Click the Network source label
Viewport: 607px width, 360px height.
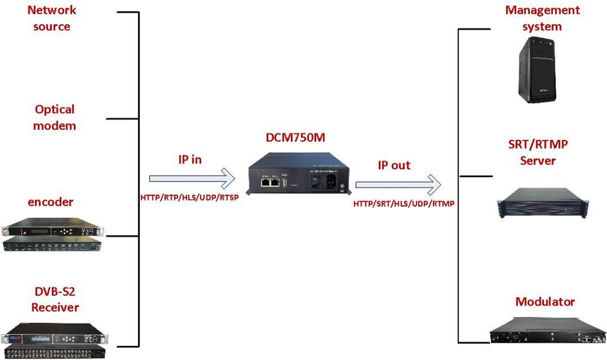pos(52,18)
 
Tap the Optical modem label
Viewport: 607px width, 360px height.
pos(54,118)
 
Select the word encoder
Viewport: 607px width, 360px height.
pos(51,202)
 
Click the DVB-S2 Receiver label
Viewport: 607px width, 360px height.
pos(55,299)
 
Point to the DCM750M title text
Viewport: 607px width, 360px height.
pos(295,138)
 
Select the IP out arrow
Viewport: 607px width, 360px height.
pos(397,185)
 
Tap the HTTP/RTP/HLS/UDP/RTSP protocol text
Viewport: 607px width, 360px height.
pos(190,197)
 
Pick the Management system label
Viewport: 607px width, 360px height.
pos(543,18)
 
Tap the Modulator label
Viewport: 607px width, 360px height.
pos(545,302)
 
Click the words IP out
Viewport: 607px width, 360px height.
pos(394,165)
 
